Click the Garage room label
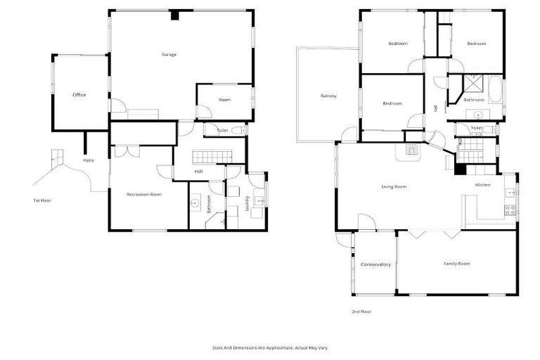point(169,54)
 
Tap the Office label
point(79,95)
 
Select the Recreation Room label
point(144,194)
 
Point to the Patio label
point(89,161)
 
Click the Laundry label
point(247,202)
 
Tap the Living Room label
point(394,186)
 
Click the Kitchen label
point(482,185)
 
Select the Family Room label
point(456,264)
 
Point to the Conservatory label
point(375,264)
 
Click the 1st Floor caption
point(42,200)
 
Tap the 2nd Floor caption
point(361,311)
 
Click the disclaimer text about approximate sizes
point(270,347)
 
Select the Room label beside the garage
point(224,100)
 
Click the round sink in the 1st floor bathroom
point(196,203)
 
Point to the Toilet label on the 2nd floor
point(476,129)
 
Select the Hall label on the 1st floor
point(198,171)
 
